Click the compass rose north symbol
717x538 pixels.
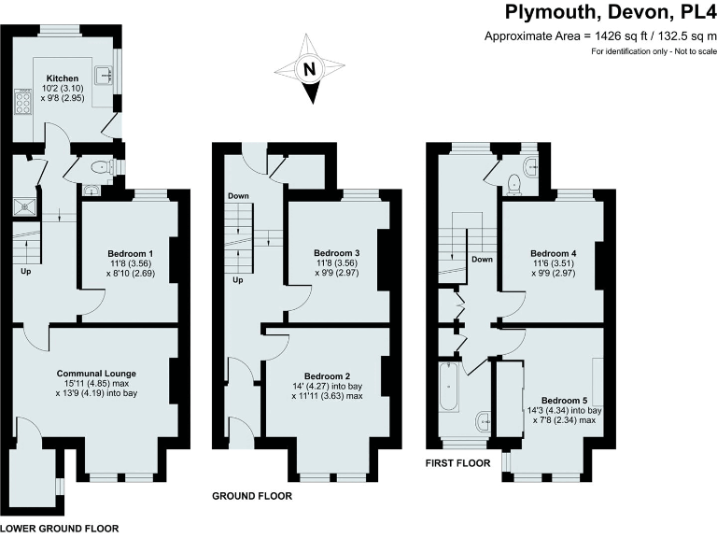(311, 69)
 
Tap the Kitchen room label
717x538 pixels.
(63, 78)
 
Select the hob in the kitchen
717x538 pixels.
(23, 101)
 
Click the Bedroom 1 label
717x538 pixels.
(130, 254)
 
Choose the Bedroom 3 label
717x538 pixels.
(336, 254)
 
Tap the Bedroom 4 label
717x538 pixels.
(554, 254)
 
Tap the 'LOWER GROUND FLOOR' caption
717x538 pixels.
(60, 529)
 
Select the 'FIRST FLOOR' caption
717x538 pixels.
(457, 462)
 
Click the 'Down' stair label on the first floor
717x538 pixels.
(482, 260)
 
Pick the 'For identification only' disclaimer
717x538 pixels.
(653, 51)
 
